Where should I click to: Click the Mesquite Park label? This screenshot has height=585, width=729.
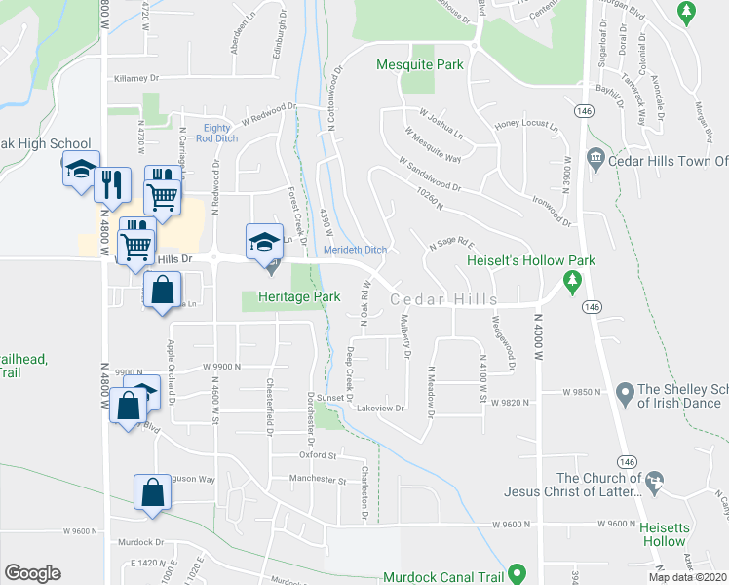pos(420,66)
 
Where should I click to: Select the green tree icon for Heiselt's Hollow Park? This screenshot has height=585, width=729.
pos(574,282)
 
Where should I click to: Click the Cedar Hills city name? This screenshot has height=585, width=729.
pos(444,300)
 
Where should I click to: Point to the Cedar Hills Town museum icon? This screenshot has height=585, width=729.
pos(595,159)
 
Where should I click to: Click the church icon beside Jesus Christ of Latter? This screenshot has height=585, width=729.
pos(654,481)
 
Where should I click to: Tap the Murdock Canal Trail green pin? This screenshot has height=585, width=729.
pos(518,573)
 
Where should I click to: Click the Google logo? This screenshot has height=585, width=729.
pos(33,573)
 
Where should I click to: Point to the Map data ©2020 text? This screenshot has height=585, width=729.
pos(688,577)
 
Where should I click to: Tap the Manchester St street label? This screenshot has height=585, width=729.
pos(318,480)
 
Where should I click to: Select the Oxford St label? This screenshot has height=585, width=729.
pos(318,455)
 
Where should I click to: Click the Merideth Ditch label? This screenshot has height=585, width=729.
pos(356,251)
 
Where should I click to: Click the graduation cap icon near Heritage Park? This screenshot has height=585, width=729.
pos(262,241)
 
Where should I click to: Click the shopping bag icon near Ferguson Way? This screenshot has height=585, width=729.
pos(153,494)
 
